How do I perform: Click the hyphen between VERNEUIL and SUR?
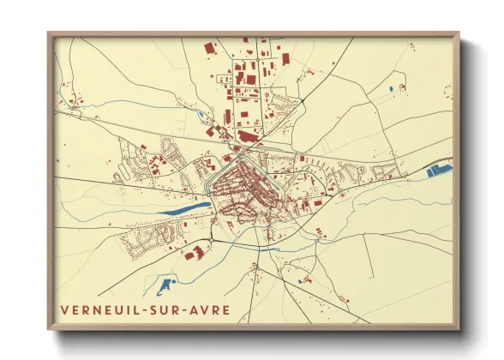[142, 310]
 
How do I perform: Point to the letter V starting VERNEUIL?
[63, 310]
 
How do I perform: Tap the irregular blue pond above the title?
[166, 282]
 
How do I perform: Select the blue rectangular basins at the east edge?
[438, 170]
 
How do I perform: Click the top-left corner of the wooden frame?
[49, 33]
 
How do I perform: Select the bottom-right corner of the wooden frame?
[459, 329]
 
